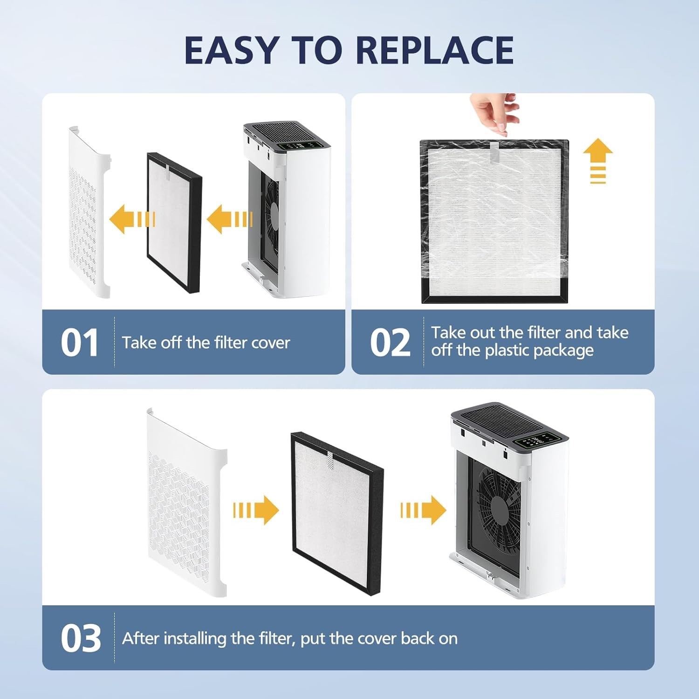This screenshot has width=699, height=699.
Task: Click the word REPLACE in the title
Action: [x=434, y=50]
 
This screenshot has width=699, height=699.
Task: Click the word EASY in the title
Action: [x=232, y=50]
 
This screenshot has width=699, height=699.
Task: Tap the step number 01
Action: [x=80, y=343]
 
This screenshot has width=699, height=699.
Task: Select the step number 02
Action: [x=390, y=343]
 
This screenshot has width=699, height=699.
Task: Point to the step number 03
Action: [x=81, y=638]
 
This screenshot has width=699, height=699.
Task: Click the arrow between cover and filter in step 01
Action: [x=132, y=219]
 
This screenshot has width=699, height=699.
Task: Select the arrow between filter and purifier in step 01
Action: [x=229, y=219]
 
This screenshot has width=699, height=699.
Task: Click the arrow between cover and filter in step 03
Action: [x=256, y=510]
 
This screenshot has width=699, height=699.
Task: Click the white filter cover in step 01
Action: [x=89, y=212]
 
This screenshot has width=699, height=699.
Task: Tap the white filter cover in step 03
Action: [x=186, y=502]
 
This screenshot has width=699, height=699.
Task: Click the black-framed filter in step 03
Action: [x=337, y=514]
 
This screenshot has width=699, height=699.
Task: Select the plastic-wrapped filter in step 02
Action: [x=494, y=221]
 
